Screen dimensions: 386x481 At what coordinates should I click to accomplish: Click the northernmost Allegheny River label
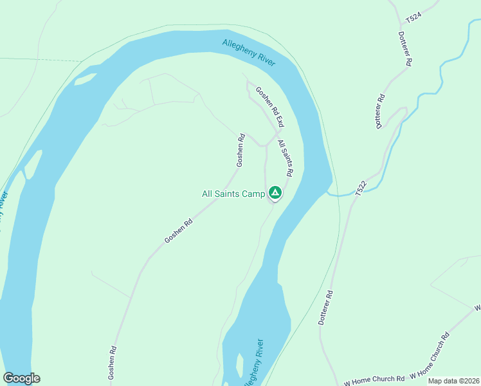248,53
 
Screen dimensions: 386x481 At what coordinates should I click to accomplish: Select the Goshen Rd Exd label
269,107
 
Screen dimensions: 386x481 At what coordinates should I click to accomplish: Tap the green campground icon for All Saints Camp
275,192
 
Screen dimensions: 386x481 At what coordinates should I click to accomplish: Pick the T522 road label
361,187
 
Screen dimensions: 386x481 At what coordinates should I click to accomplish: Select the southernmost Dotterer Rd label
326,308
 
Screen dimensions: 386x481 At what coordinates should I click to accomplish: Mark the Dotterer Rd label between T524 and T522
381,111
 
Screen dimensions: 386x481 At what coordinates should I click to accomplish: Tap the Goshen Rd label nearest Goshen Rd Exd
240,151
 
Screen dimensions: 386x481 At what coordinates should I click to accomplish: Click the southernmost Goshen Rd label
113,362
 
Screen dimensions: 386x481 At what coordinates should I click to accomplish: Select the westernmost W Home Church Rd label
374,380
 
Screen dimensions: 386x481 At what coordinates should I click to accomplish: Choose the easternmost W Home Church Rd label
429,356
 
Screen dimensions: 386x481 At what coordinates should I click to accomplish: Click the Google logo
21,378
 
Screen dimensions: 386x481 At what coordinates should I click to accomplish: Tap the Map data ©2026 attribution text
453,381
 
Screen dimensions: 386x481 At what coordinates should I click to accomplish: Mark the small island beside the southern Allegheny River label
239,365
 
